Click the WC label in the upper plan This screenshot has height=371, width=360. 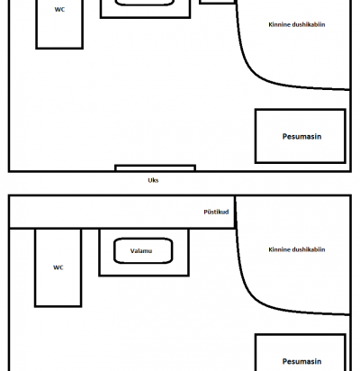click(x=59, y=9)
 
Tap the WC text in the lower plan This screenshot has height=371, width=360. click(x=58, y=267)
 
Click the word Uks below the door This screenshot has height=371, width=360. click(x=153, y=180)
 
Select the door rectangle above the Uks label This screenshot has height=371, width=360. click(x=156, y=167)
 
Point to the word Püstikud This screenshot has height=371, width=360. click(x=216, y=212)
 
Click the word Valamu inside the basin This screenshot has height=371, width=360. click(x=141, y=250)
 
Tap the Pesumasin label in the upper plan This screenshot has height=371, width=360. click(x=301, y=137)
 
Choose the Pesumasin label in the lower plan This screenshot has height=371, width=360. click(x=301, y=361)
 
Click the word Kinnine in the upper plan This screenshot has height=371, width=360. click(x=279, y=24)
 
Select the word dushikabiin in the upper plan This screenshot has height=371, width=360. click(x=309, y=24)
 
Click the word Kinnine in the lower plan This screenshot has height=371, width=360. click(x=279, y=249)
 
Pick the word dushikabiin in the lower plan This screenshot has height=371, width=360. click(x=309, y=249)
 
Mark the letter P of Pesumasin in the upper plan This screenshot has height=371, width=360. click(x=284, y=137)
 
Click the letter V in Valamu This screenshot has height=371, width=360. click(x=132, y=250)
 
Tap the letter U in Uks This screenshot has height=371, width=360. click(x=149, y=180)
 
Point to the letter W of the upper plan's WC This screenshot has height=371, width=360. click(x=58, y=9)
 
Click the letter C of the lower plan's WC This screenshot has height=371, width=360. click(x=61, y=267)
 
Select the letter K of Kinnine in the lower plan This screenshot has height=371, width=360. click(x=270, y=249)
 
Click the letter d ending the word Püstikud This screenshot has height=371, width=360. click(x=227, y=212)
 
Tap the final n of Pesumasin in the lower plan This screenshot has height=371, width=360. click(x=319, y=362)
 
